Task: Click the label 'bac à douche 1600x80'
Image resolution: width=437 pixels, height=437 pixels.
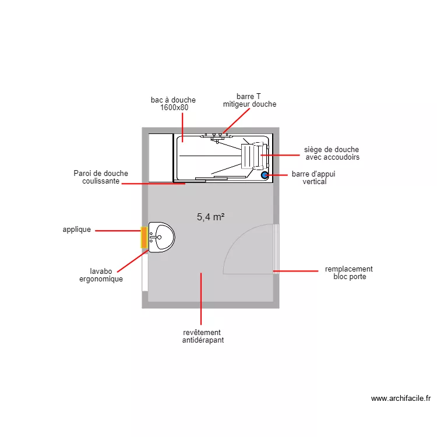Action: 173,104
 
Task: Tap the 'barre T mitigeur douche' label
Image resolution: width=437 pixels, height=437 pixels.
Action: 249,100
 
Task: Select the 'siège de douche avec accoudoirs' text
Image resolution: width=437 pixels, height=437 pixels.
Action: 332,153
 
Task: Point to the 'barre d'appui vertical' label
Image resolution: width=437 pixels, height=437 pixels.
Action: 314,178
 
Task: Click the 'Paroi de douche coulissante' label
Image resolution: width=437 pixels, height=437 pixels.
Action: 101,177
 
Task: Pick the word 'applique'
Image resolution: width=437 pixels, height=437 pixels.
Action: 77,230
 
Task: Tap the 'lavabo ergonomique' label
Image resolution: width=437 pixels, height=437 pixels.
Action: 101,275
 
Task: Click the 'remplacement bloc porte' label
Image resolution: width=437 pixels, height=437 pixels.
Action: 349,273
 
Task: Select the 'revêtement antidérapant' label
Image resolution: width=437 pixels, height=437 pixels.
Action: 202,336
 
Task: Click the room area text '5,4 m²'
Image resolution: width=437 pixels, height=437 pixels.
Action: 211,217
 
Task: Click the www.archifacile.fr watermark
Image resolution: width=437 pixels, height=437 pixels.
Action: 401,399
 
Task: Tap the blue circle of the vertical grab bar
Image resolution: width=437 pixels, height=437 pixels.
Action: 265,174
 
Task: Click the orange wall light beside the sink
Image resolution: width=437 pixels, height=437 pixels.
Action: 143,238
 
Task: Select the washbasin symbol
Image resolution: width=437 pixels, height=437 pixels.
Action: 161,237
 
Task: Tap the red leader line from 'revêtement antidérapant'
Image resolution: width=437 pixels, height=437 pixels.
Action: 201,297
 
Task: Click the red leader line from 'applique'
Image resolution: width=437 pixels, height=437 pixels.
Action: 117,231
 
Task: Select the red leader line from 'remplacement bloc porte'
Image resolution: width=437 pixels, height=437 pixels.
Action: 297,271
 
